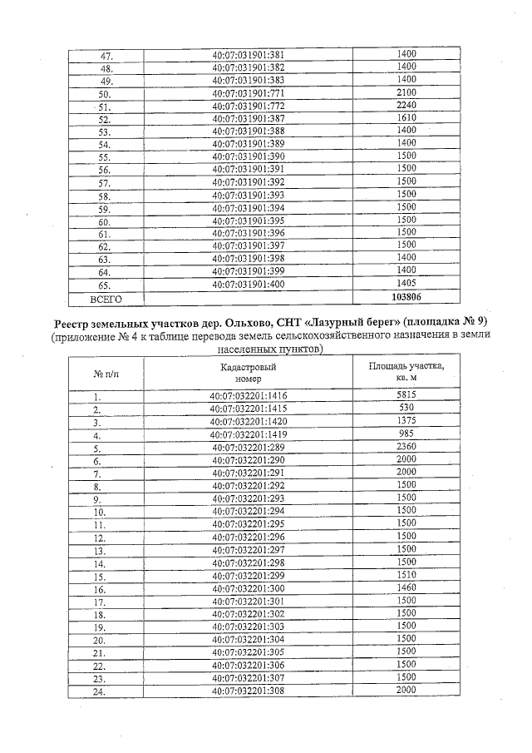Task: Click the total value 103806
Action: point(406,296)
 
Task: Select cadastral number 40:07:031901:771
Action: point(249,93)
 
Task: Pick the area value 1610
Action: point(406,119)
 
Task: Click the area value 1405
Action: point(406,284)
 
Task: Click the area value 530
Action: point(406,408)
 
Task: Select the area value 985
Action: point(406,433)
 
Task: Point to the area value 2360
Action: point(406,447)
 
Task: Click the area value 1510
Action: point(406,574)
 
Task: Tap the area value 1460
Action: point(406,587)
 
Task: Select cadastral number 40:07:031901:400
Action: point(249,284)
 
